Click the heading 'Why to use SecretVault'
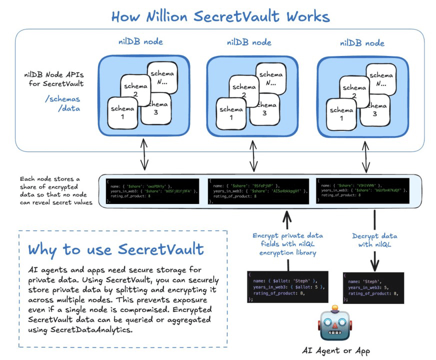pos(115,249)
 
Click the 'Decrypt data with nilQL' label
pos(375,240)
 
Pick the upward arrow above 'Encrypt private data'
pos(287,218)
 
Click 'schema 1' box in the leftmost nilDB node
pos(122,112)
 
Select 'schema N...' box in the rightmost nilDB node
pos(384,78)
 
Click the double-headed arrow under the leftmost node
pos(144,155)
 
